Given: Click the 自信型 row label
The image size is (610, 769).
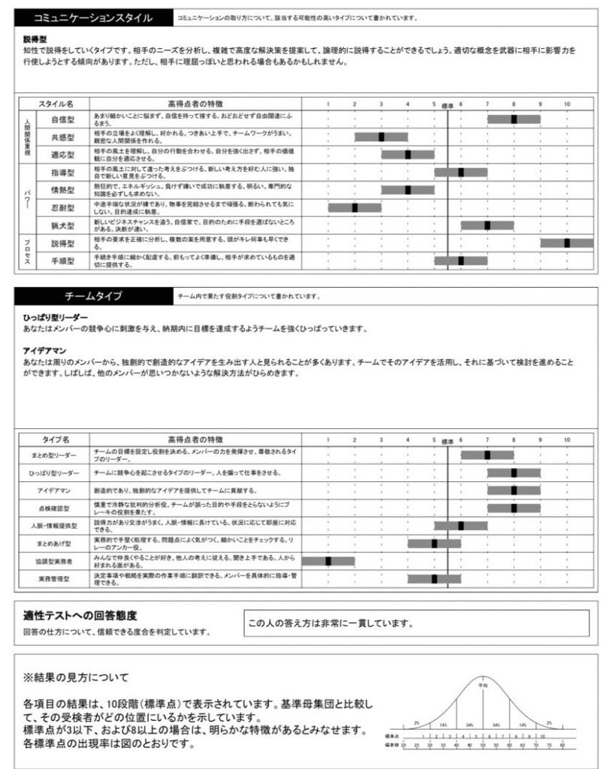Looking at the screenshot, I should pos(63,119).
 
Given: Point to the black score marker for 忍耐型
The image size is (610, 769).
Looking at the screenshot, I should pos(355,207).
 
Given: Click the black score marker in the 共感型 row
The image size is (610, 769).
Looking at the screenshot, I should pos(381,137).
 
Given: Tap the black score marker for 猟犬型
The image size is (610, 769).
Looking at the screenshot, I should pos(488,225).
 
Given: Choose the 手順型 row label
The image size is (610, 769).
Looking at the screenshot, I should pos(63,260).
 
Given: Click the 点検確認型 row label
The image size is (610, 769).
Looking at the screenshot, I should pos(59,508).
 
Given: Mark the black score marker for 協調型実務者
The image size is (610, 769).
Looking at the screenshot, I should pos(328,561).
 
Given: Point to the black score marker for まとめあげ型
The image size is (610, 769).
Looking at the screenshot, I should pos(434,543).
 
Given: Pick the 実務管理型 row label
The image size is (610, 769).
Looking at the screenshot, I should pos(59,578).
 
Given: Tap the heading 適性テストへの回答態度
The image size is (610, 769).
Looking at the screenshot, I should pos(80,616).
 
